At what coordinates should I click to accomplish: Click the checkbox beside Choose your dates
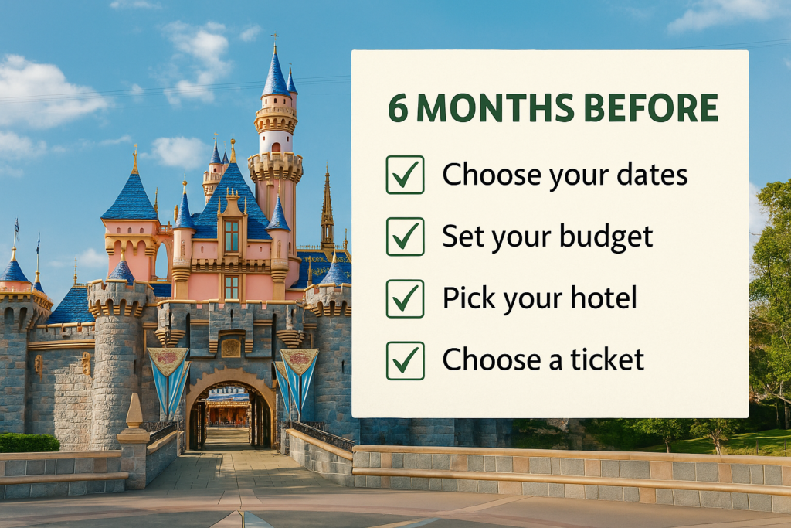(x=405, y=175)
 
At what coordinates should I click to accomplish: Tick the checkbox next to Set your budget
(x=405, y=237)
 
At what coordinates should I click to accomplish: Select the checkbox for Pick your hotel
(x=405, y=298)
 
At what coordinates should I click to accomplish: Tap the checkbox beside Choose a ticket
(x=405, y=360)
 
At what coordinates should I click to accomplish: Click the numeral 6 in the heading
(x=398, y=108)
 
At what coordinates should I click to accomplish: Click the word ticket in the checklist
(x=607, y=360)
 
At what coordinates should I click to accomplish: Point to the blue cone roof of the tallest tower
(x=276, y=70)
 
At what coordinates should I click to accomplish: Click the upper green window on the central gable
(x=232, y=236)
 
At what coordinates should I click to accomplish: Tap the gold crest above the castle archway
(x=231, y=347)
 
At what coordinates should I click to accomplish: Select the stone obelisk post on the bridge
(x=134, y=411)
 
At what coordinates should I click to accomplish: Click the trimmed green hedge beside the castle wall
(x=29, y=442)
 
